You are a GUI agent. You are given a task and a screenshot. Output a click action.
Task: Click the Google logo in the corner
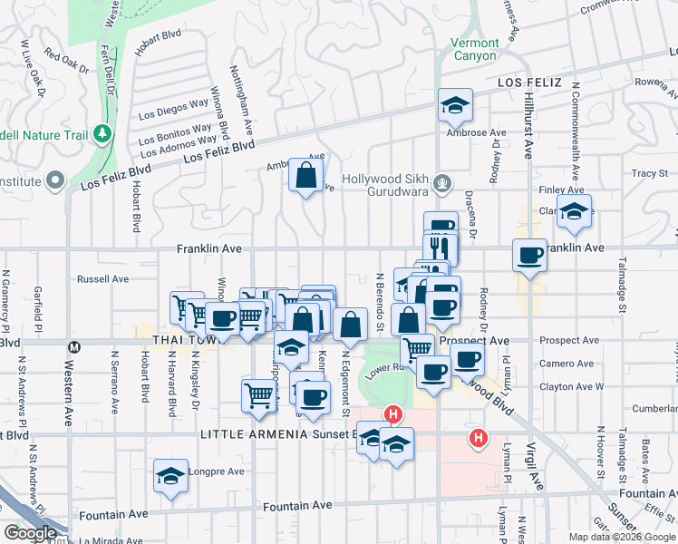[x=30, y=533]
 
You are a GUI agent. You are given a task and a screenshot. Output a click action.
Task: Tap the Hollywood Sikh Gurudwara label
[x=385, y=185]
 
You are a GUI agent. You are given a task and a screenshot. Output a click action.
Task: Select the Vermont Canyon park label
[x=475, y=49]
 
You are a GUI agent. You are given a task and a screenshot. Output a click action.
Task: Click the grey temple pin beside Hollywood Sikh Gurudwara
[x=441, y=182]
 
